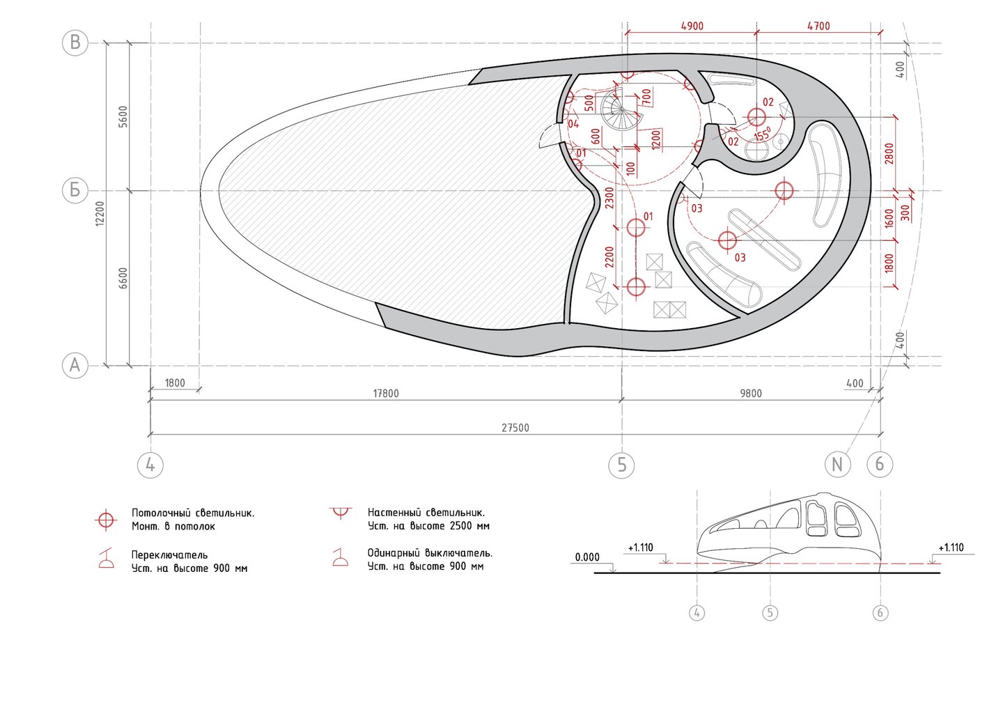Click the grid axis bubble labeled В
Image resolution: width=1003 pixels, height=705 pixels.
coord(75,42)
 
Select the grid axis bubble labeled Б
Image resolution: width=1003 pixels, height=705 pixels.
coord(75,189)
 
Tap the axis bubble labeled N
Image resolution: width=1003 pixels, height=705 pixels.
coord(837,464)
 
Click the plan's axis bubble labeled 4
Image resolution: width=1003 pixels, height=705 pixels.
coord(150,464)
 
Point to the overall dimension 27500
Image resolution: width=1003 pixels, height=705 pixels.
coord(515,428)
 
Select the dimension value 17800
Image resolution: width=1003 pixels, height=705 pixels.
coord(386,394)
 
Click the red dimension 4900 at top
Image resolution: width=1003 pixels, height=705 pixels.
coord(692,26)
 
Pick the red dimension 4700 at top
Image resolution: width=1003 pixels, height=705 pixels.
coord(818,26)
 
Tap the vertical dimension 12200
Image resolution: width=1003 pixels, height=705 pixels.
coord(100,212)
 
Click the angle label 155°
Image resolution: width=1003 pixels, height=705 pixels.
coord(763,134)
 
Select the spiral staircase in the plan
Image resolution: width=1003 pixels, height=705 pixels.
coord(621,111)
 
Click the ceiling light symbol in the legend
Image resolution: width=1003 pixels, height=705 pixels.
coord(106,520)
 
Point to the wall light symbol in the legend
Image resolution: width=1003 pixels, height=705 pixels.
coord(340,514)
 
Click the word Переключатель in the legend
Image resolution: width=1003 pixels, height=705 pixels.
coord(169,555)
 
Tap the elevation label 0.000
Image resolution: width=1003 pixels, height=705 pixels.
coord(587,557)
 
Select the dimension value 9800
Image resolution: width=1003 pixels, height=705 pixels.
coord(750,394)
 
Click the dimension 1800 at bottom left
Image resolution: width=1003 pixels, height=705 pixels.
coord(175,383)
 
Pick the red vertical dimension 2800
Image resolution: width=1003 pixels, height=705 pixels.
coord(889,153)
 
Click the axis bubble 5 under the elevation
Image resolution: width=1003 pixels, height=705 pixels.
coord(770,613)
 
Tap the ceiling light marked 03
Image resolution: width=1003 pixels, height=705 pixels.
coord(726,241)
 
